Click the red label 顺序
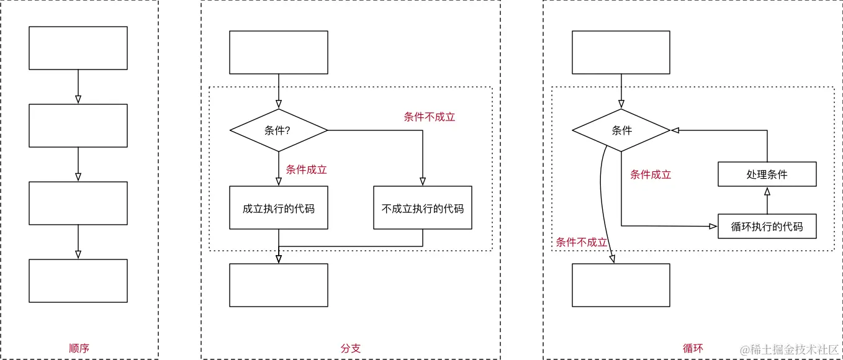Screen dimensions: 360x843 (x=79, y=348)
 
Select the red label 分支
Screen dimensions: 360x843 (x=350, y=348)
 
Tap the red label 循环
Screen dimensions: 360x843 (x=693, y=348)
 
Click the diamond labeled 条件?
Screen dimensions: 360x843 (x=278, y=130)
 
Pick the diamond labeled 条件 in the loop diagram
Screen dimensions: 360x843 (x=621, y=130)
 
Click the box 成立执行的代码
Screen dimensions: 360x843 (x=278, y=208)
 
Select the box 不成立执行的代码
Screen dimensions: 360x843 (x=422, y=208)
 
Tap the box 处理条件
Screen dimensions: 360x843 (x=767, y=174)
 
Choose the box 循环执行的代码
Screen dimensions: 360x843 (x=767, y=227)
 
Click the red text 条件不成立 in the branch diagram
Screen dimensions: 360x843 (x=430, y=117)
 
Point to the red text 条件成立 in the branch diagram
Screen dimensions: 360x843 (x=306, y=169)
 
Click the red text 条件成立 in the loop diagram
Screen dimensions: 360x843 (x=651, y=174)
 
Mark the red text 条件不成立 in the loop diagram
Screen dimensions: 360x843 (x=581, y=242)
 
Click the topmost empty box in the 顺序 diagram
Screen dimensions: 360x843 (x=78, y=48)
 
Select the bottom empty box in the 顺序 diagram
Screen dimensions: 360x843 (x=78, y=281)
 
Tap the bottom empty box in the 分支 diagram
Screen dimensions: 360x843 (x=278, y=285)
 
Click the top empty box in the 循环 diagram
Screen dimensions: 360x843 (x=621, y=52)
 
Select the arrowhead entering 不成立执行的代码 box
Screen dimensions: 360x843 (x=422, y=182)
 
